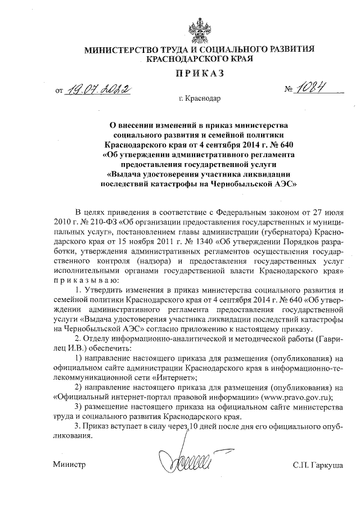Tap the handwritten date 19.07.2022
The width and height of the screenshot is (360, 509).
coord(98,88)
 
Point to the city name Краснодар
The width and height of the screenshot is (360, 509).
coord(203,99)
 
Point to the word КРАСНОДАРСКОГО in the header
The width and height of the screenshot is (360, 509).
coord(179,58)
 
